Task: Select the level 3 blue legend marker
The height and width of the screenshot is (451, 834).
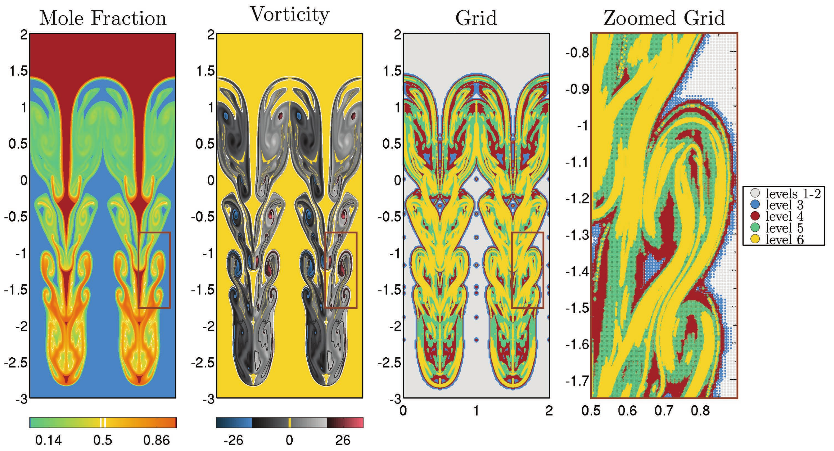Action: [x=755, y=205]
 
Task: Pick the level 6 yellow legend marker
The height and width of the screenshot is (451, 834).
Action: [x=755, y=240]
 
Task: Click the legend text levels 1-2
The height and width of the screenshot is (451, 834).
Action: [x=793, y=194]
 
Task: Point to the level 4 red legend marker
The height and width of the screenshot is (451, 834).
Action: [x=755, y=216]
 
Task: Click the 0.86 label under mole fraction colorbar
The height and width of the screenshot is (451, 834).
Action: [x=156, y=440]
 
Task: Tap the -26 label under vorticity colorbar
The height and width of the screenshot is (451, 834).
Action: [x=233, y=440]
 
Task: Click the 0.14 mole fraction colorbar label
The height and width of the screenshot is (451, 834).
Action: [x=48, y=440]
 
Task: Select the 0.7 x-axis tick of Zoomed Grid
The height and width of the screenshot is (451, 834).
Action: [x=664, y=411]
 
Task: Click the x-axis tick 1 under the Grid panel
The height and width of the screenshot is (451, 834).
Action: [x=476, y=411]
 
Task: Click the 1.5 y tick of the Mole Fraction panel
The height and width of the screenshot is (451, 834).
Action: [x=19, y=71]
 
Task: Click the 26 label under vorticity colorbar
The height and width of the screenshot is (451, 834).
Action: [x=343, y=440]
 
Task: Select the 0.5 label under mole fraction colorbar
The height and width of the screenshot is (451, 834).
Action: [x=103, y=440]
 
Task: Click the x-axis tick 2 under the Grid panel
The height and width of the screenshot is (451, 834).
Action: [x=549, y=411]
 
